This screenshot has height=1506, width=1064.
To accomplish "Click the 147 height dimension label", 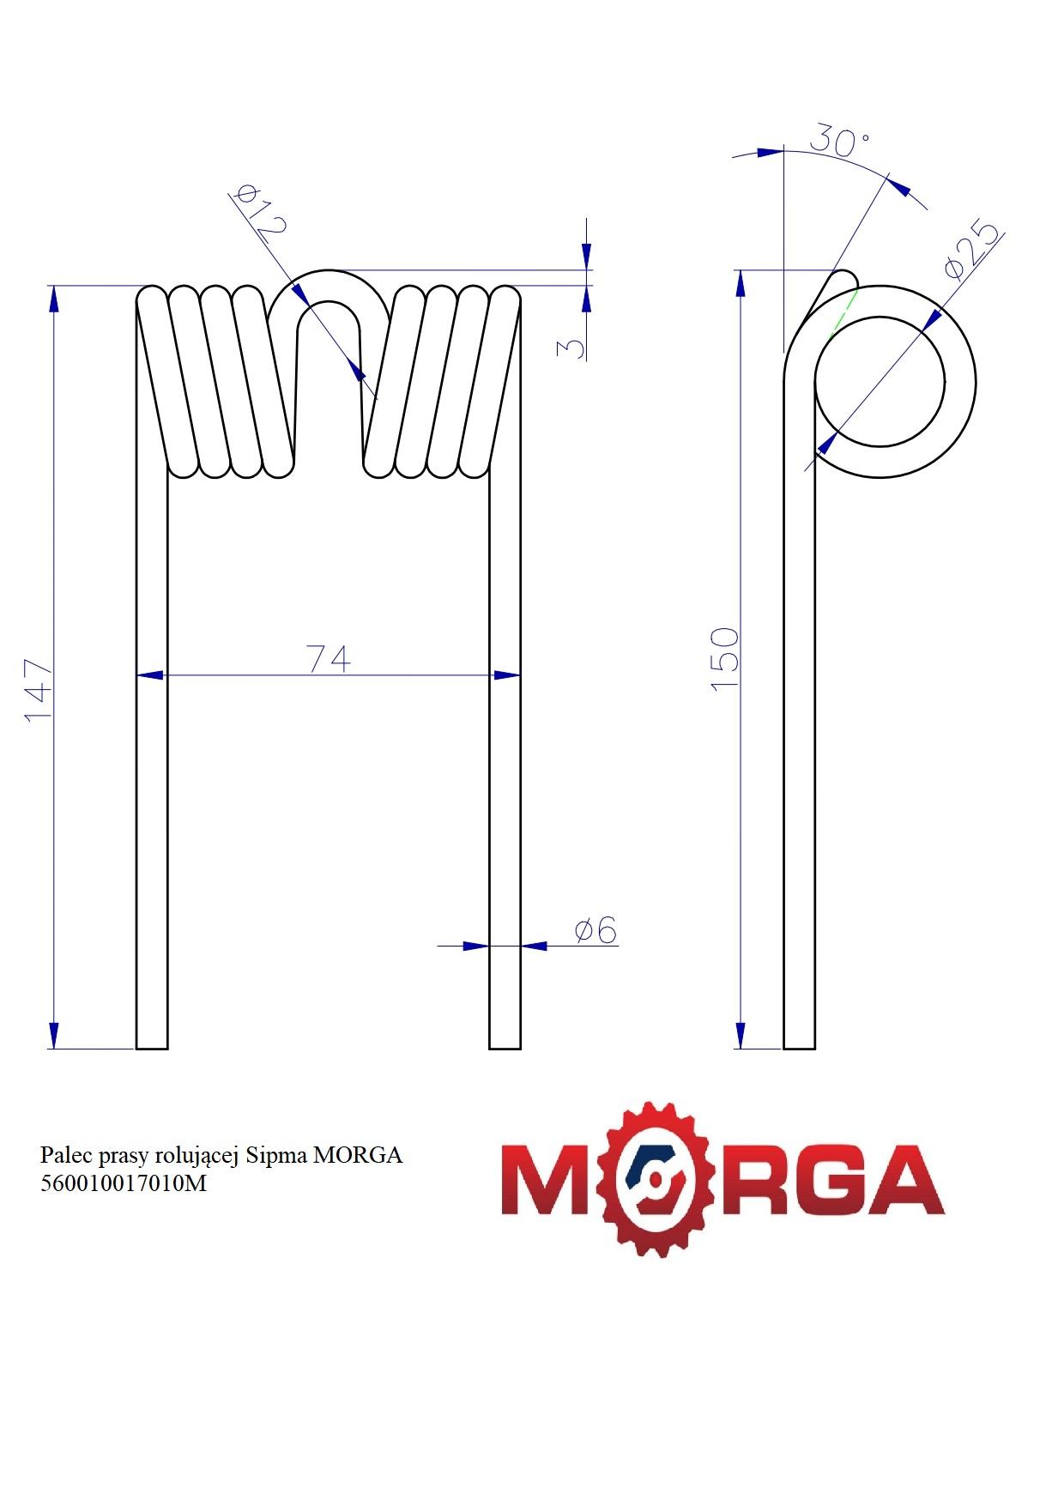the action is [x=39, y=691].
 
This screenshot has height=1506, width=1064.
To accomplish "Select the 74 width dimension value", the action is [x=329, y=659].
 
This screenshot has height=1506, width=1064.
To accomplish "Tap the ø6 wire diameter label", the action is [x=595, y=930].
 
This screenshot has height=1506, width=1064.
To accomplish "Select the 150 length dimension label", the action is [x=725, y=658].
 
